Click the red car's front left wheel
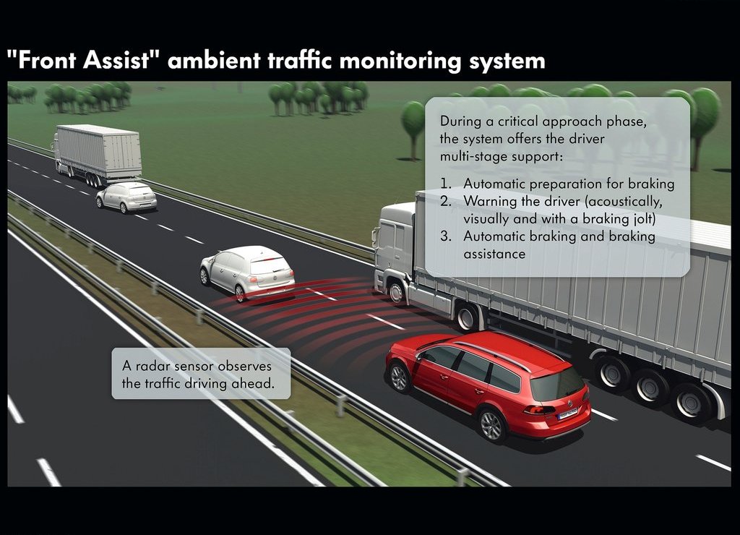click(400, 378)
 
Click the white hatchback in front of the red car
click(247, 273)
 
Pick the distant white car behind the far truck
click(126, 197)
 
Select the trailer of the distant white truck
click(100, 151)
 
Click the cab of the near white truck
click(394, 250)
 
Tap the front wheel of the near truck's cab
click(396, 292)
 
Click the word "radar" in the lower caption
click(152, 366)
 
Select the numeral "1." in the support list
click(445, 183)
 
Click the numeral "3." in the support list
click(446, 236)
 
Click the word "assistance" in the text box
click(494, 254)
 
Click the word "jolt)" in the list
click(643, 219)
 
